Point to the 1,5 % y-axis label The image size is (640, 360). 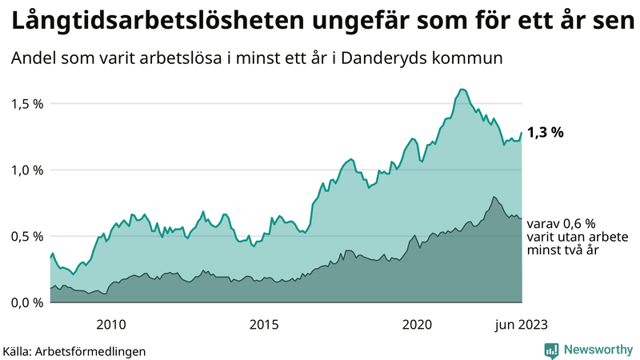tap(27, 104)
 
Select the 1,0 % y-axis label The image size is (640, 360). tap(27, 170)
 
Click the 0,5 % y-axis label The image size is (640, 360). tap(27, 236)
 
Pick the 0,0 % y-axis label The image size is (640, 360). tap(27, 302)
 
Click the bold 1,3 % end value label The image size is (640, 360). tap(546, 133)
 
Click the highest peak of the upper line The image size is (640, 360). tap(462, 89)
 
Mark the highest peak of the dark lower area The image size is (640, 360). tap(494, 197)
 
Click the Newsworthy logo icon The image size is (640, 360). tap(551, 350)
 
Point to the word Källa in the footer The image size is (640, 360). tap(18, 350)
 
